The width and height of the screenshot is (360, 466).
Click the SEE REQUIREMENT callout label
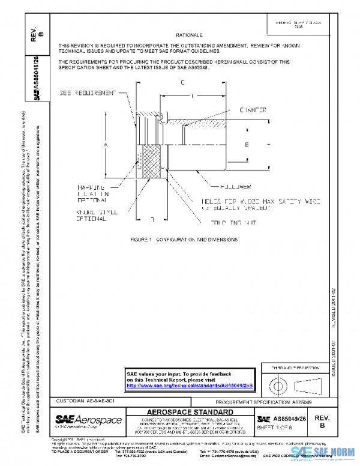(x=87, y=93)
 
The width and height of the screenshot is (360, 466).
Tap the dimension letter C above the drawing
(x=182, y=83)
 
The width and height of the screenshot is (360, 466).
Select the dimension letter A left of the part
(x=106, y=145)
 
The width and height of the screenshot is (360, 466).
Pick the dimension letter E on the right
(x=247, y=145)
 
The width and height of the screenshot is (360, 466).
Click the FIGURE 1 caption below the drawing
(x=184, y=239)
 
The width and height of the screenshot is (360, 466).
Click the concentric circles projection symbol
(x=278, y=383)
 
